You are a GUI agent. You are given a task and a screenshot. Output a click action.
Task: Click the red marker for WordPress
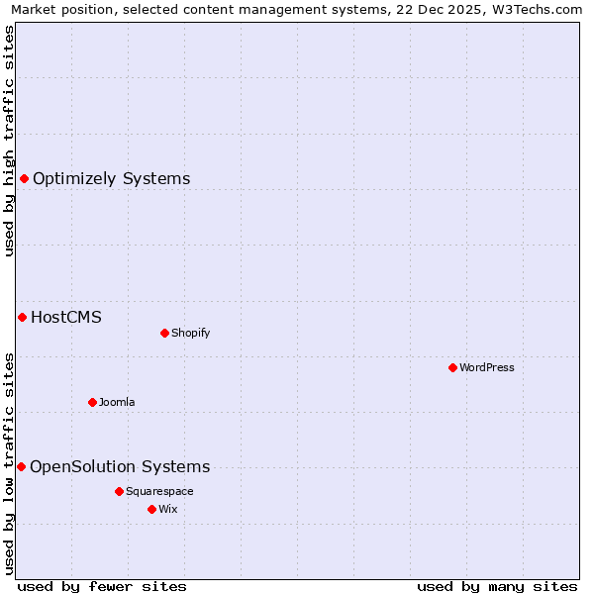click(452, 367)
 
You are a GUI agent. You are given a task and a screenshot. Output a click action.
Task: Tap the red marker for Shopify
click(164, 333)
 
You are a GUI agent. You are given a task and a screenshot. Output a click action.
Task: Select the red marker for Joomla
click(92, 402)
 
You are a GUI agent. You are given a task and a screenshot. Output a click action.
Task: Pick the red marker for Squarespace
click(119, 491)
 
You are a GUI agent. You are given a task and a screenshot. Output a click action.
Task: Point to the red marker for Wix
click(151, 509)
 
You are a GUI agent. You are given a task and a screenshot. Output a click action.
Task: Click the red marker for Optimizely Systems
click(24, 178)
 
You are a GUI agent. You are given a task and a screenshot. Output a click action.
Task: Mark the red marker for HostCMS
click(22, 317)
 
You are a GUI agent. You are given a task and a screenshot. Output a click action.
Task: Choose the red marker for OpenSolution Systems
click(21, 466)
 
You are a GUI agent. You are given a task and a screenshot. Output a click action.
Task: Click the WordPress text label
click(487, 367)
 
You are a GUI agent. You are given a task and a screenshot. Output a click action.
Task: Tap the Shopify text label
click(191, 333)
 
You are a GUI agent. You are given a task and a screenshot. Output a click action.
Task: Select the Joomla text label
click(117, 402)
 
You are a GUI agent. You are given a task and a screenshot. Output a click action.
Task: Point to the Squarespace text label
click(159, 491)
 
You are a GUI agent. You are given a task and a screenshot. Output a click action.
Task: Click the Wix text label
click(167, 509)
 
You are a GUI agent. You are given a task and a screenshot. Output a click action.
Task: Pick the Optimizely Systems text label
click(112, 179)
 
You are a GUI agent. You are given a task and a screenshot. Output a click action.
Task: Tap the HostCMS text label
click(66, 318)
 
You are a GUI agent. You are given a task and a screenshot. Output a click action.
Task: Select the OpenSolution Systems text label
click(120, 467)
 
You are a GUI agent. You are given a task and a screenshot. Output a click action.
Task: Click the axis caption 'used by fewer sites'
click(102, 586)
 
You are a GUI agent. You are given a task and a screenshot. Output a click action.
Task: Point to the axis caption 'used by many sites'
click(497, 586)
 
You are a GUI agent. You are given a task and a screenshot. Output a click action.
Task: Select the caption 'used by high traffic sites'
click(10, 141)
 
